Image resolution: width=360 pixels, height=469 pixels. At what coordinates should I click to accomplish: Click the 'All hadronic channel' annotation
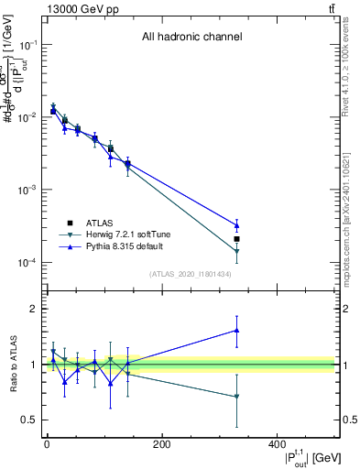tap(191, 37)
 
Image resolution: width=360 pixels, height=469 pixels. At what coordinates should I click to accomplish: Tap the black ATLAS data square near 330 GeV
tap(236, 239)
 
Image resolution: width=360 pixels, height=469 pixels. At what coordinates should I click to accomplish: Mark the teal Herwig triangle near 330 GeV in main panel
tap(236, 251)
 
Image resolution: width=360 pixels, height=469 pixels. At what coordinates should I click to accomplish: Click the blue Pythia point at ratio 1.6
tap(236, 331)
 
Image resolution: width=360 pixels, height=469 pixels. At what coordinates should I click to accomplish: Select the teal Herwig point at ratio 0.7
tap(236, 397)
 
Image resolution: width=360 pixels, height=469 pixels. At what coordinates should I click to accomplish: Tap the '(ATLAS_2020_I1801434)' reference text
tap(191, 274)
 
